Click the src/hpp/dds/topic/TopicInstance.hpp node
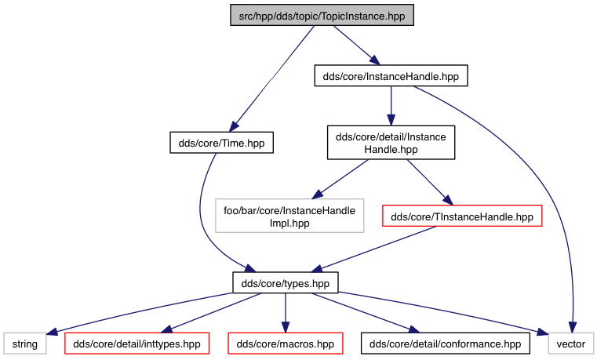(x=322, y=15)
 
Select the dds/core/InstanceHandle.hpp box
(x=391, y=76)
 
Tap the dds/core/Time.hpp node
(x=221, y=143)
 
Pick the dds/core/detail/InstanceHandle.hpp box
(x=391, y=142)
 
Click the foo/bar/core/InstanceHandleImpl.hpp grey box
(x=289, y=216)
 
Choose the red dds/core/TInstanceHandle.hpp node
(x=462, y=216)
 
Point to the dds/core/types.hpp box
(x=286, y=283)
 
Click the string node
(x=25, y=344)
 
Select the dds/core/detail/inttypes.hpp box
(x=137, y=344)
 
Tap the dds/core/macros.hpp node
(x=286, y=344)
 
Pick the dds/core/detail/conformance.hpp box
(x=445, y=344)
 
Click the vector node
(x=571, y=344)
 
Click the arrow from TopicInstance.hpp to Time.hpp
(x=272, y=78)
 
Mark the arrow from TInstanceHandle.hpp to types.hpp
(x=373, y=249)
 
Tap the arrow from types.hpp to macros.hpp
(x=286, y=313)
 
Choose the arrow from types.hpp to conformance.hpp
(x=366, y=313)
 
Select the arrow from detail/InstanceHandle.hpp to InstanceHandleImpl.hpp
(x=340, y=180)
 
